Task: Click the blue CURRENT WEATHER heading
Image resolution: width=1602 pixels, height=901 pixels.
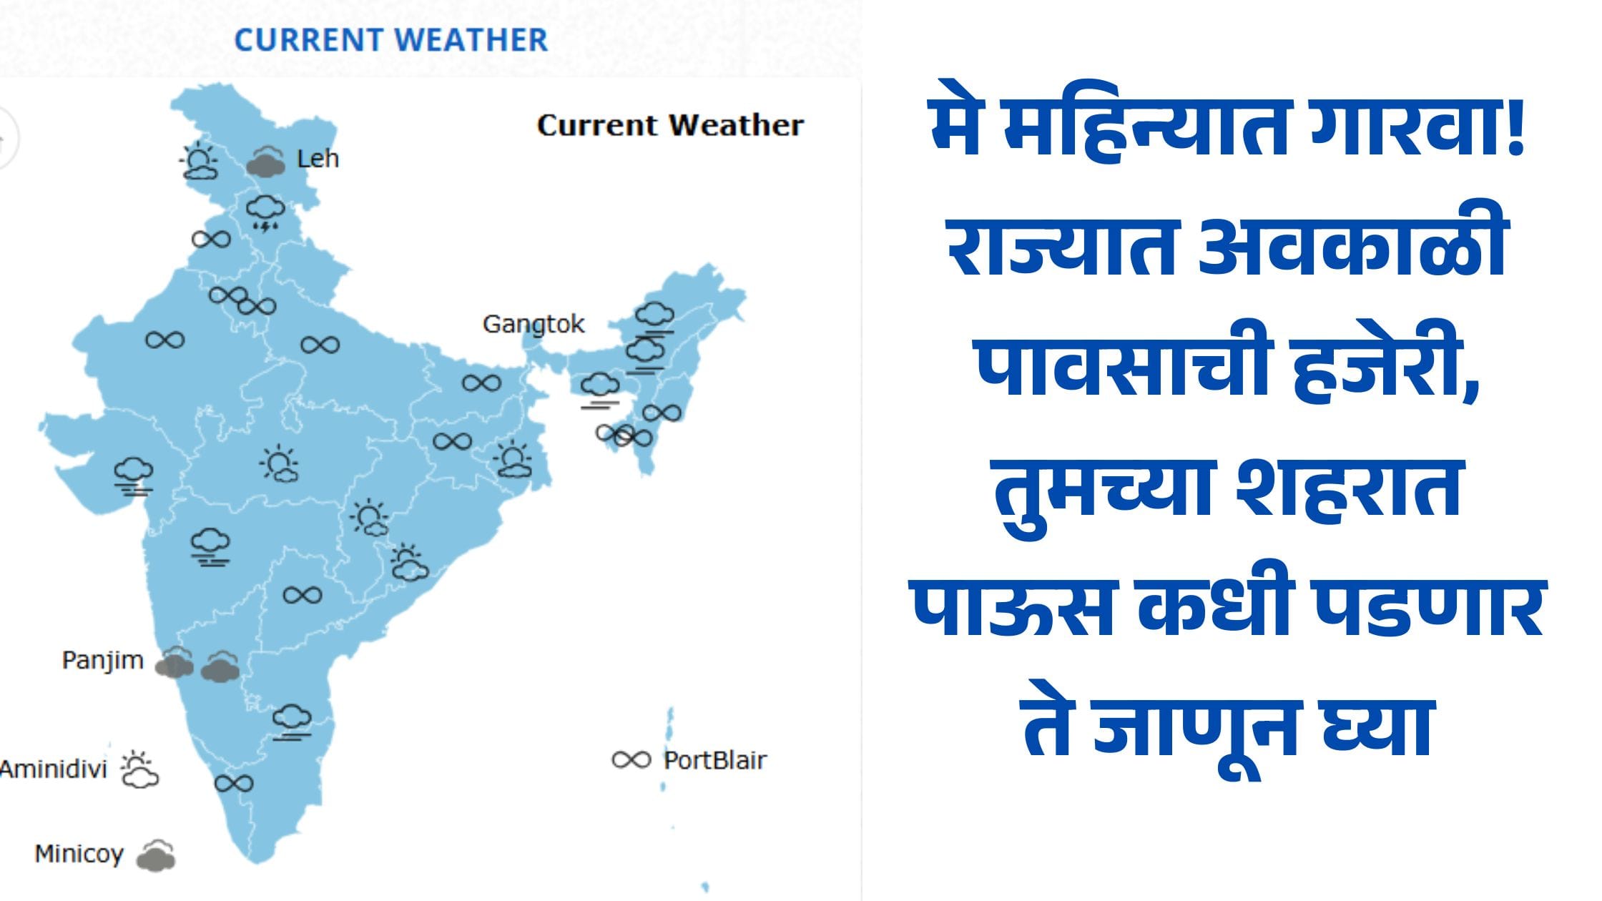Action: (x=391, y=40)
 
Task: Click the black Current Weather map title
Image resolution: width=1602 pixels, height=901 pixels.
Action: (x=670, y=125)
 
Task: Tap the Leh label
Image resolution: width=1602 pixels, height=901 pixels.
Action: (x=318, y=158)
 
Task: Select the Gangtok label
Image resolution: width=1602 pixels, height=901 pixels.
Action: (x=534, y=325)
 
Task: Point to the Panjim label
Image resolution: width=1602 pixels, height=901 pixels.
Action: (x=103, y=661)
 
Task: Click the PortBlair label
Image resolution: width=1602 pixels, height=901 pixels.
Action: (x=714, y=760)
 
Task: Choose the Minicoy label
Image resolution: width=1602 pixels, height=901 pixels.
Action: (x=79, y=854)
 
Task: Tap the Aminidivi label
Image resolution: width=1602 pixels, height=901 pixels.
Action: (x=54, y=769)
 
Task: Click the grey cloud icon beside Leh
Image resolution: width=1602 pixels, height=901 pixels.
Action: (x=266, y=162)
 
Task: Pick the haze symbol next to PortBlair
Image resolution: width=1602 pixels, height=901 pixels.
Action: (x=632, y=759)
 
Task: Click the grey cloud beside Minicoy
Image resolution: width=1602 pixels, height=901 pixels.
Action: (x=156, y=855)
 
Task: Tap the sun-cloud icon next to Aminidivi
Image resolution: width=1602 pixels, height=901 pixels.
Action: (x=139, y=769)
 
